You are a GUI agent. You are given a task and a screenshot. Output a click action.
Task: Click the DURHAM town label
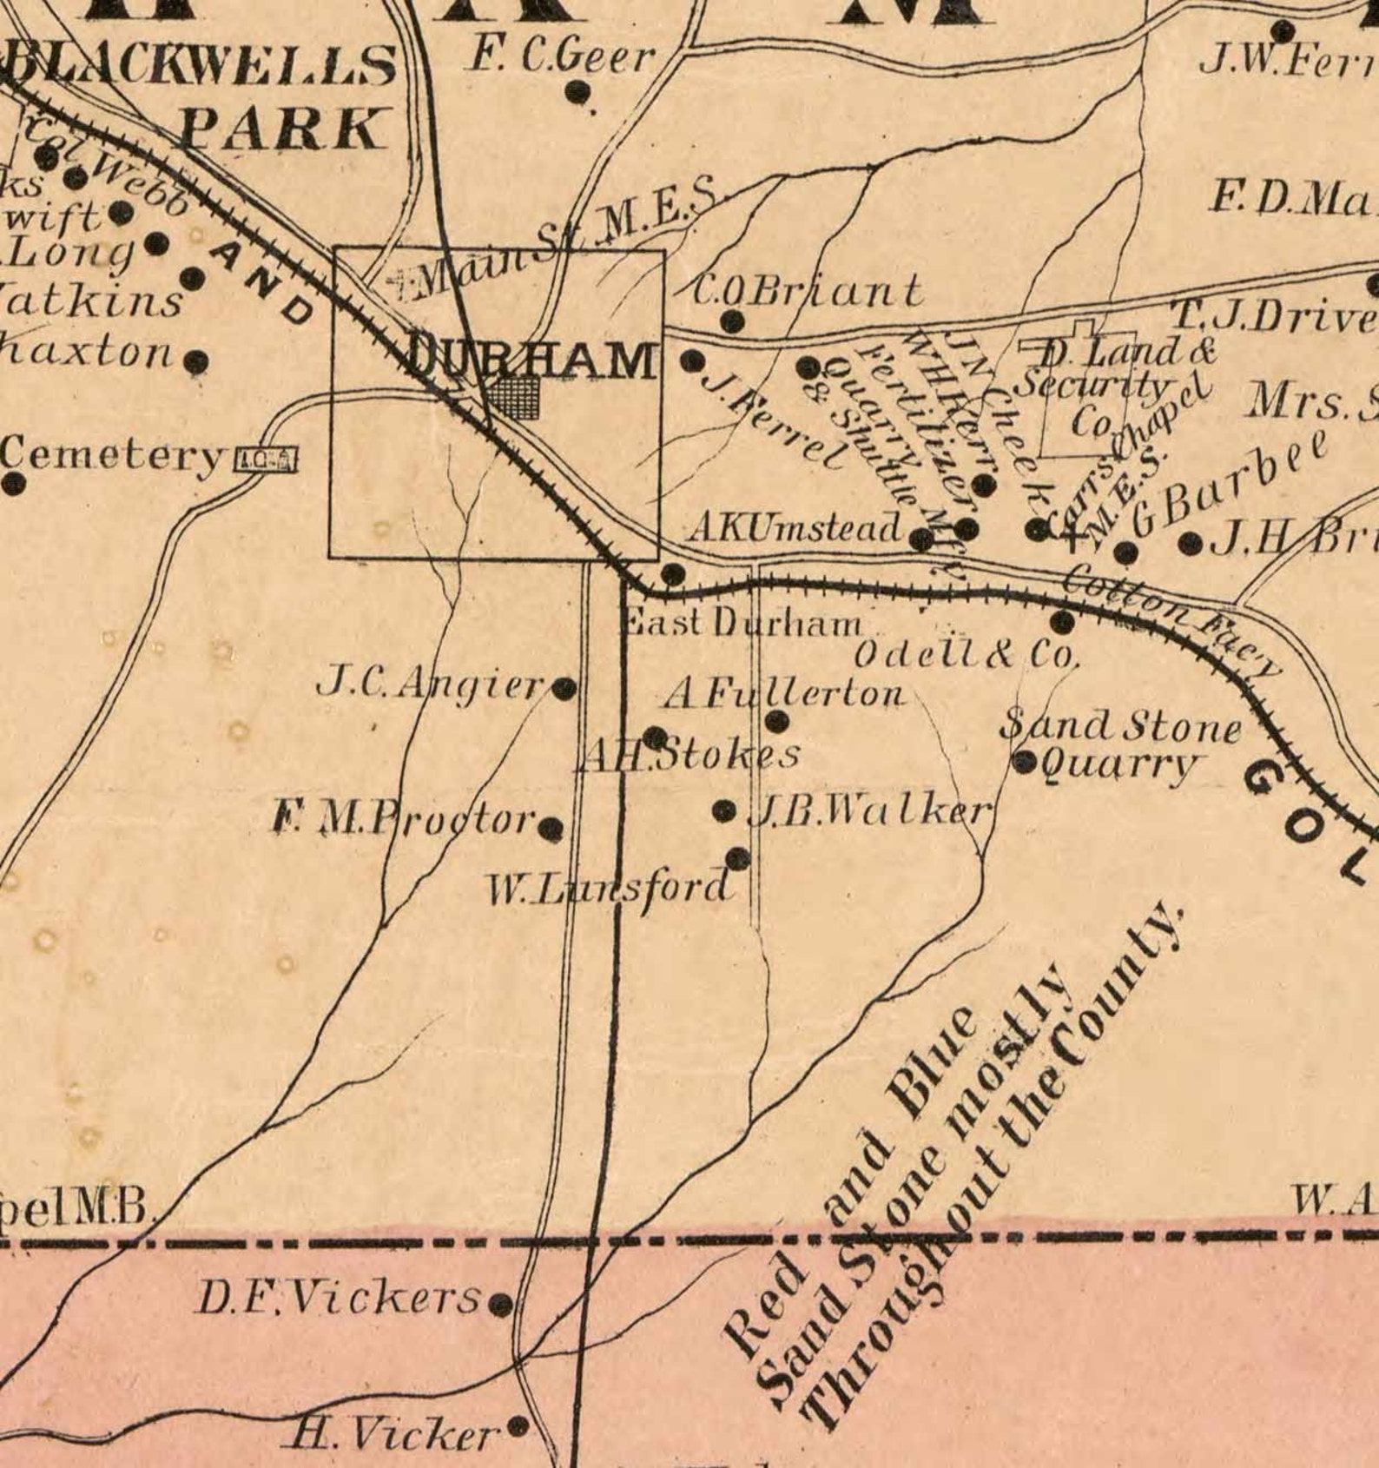(x=531, y=359)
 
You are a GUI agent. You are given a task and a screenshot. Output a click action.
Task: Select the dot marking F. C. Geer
(x=577, y=90)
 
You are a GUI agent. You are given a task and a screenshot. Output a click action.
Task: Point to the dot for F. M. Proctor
(x=551, y=829)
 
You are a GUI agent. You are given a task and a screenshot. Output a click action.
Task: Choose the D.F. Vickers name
(x=338, y=1298)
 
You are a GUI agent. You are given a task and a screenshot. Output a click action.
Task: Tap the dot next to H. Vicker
(x=518, y=1425)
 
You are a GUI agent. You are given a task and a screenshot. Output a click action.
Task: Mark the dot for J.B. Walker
(x=723, y=810)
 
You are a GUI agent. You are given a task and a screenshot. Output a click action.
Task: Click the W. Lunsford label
(x=608, y=889)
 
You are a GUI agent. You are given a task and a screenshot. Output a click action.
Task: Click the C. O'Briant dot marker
(x=733, y=321)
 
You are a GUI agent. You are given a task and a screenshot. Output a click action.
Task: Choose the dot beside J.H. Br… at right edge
(x=1191, y=545)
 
